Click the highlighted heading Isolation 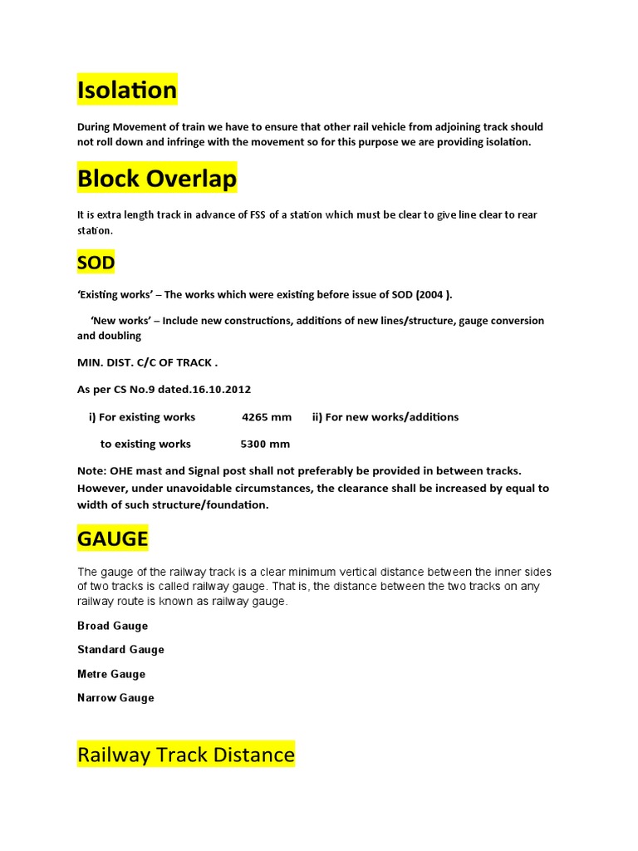pyautogui.click(x=127, y=90)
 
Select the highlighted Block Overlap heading pyautogui.click(x=157, y=179)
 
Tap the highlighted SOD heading pyautogui.click(x=96, y=263)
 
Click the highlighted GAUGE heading pyautogui.click(x=112, y=539)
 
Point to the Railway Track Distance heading pyautogui.click(x=186, y=755)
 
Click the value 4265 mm pyautogui.click(x=267, y=417)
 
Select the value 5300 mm pyautogui.click(x=265, y=444)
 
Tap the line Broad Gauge pyautogui.click(x=112, y=626)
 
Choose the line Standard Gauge pyautogui.click(x=120, y=650)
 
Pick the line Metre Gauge pyautogui.click(x=111, y=674)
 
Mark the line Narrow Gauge pyautogui.click(x=115, y=698)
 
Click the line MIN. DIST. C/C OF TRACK pyautogui.click(x=147, y=362)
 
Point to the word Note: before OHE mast pyautogui.click(x=91, y=471)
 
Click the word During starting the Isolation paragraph pyautogui.click(x=96, y=127)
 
